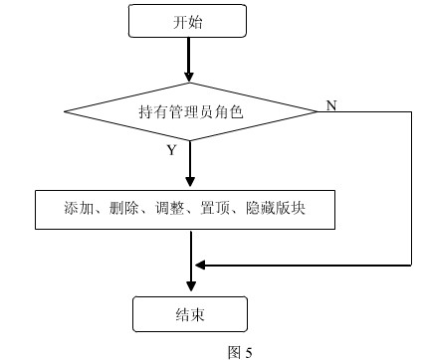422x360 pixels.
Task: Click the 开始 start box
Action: pyautogui.click(x=188, y=21)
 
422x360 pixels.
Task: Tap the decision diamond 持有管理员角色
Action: pyautogui.click(x=189, y=111)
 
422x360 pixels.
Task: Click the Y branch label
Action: pyautogui.click(x=171, y=150)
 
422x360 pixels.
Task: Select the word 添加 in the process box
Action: pyautogui.click(x=77, y=209)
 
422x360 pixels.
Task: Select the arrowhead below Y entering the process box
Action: pyautogui.click(x=188, y=184)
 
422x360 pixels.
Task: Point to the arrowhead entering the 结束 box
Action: pyautogui.click(x=188, y=289)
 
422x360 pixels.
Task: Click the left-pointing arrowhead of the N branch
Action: pyautogui.click(x=199, y=266)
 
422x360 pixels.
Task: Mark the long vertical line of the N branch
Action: pyautogui.click(x=410, y=189)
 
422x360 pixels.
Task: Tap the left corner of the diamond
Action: pyautogui.click(x=65, y=111)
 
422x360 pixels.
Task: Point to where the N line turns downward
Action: pyautogui.click(x=410, y=111)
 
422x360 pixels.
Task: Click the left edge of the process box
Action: pyautogui.click(x=36, y=209)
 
